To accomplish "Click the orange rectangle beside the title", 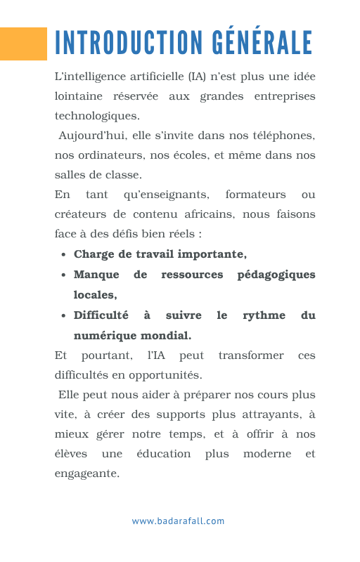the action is [23, 44].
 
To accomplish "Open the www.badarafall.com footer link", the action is [178, 521].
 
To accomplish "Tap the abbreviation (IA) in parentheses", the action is [197, 76].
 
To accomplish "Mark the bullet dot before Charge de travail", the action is [64, 255].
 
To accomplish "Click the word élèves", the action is [71, 454].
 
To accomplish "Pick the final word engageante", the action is [87, 473].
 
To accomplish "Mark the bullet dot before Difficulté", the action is [64, 317].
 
